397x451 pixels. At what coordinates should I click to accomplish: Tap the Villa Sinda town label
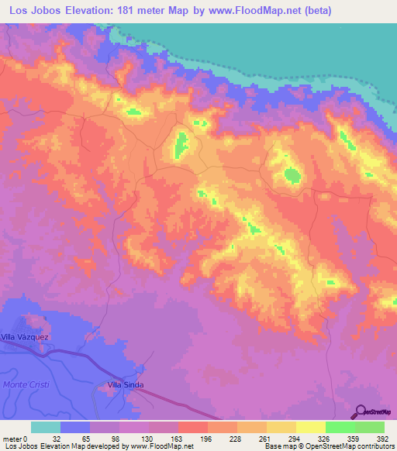tap(126, 384)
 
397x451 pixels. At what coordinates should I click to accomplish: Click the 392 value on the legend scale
tap(381, 438)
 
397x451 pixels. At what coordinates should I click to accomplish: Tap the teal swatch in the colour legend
tap(46, 427)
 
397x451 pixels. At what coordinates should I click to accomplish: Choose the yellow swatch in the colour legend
tap(310, 427)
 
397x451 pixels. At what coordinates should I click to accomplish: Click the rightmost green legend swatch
tap(370, 427)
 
